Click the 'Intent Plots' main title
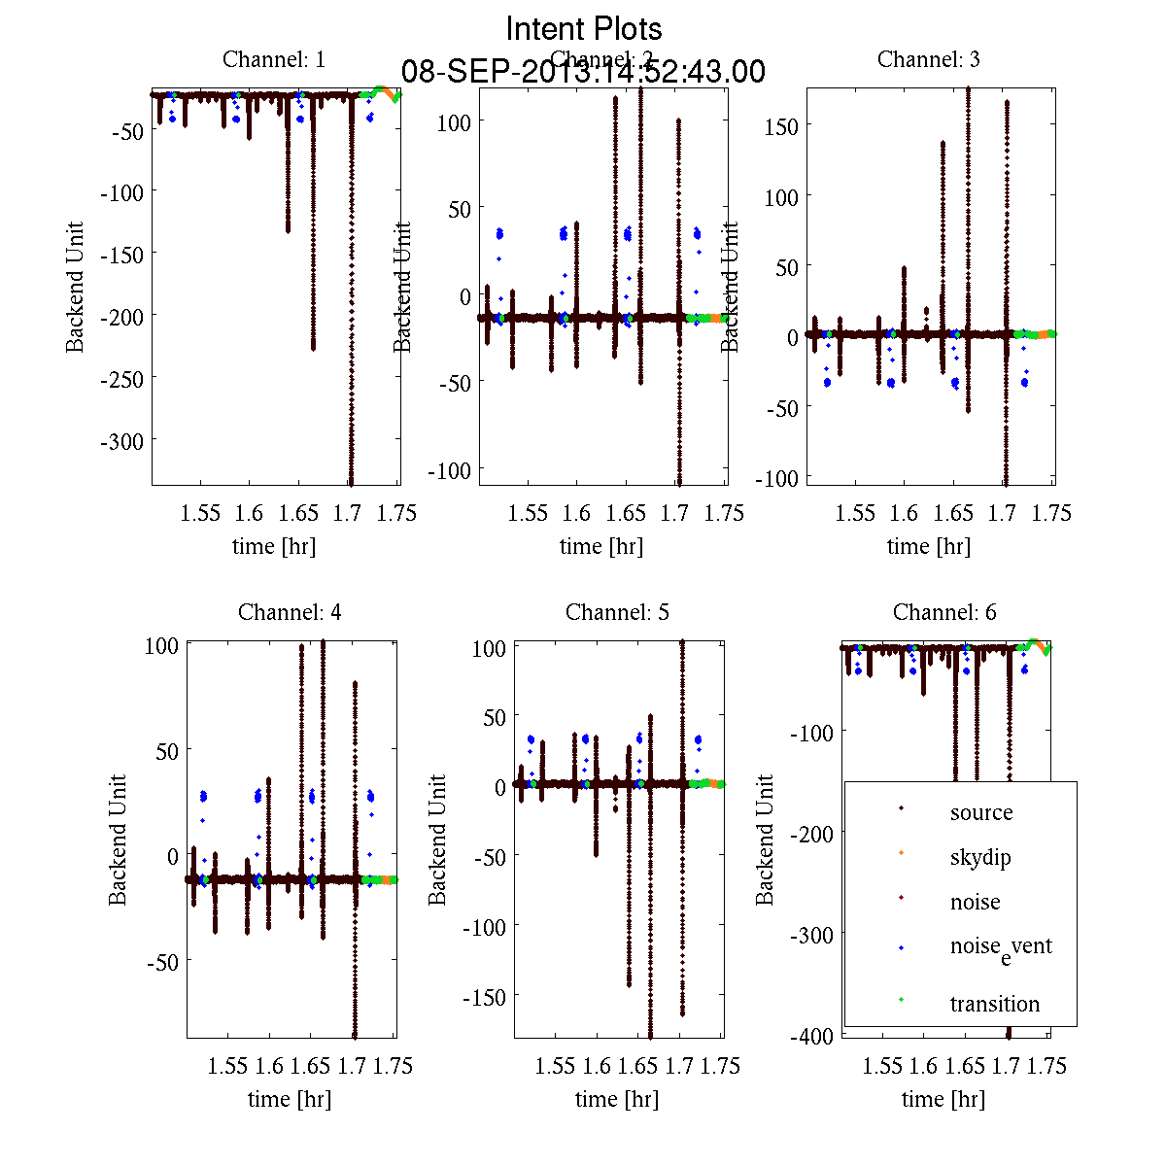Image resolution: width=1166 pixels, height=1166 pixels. (584, 29)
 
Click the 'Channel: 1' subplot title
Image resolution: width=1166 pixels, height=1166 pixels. (274, 59)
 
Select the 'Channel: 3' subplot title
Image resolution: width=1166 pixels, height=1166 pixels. (929, 59)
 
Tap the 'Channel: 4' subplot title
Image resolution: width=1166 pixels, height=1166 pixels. (290, 612)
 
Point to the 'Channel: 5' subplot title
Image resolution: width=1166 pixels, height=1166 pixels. (617, 612)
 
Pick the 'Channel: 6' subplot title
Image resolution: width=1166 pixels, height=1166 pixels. (944, 612)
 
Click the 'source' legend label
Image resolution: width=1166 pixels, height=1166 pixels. (981, 812)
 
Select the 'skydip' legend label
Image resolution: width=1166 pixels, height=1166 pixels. (980, 857)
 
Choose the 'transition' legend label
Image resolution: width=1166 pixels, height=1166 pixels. (995, 1004)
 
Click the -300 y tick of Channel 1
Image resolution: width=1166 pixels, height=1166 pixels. (121, 441)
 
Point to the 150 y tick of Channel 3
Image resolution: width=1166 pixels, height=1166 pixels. (780, 126)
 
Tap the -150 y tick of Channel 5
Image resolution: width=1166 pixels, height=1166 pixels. (484, 997)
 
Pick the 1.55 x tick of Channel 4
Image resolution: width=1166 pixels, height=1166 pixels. (228, 1066)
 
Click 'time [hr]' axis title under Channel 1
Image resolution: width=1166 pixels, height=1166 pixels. (274, 546)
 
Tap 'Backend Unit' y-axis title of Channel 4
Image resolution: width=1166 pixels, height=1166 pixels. (118, 840)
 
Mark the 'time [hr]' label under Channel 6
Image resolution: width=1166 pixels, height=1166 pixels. (943, 1099)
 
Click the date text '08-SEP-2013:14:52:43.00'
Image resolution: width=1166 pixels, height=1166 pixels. (584, 72)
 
